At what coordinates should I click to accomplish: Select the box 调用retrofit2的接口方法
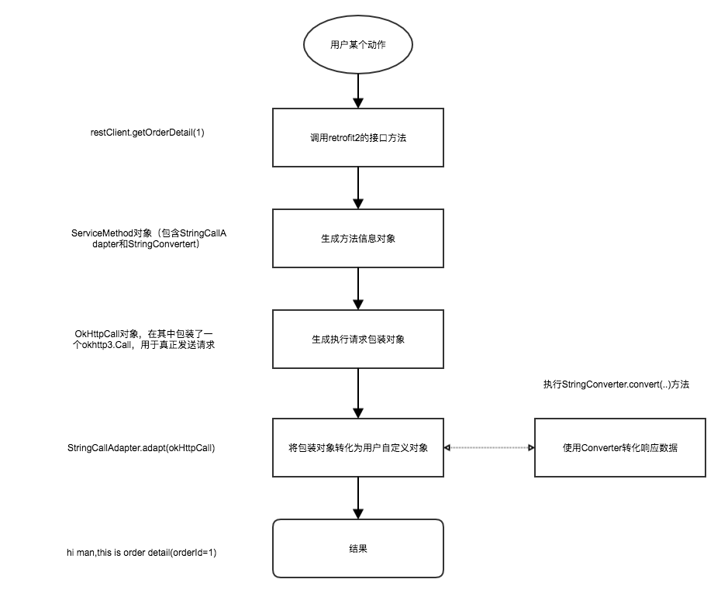357,137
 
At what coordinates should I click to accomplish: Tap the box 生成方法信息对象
357,238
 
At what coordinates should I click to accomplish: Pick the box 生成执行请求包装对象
357,339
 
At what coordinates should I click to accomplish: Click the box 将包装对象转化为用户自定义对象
357,447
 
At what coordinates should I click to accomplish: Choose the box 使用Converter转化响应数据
619,447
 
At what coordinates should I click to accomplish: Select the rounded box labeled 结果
357,548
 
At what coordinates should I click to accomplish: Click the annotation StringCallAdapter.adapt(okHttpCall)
141,448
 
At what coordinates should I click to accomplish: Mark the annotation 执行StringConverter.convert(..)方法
616,384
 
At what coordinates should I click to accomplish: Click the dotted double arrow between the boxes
488,448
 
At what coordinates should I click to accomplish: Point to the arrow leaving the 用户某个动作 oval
357,91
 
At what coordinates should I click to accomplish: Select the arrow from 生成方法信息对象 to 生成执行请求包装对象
357,288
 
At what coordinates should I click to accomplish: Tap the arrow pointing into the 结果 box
357,498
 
